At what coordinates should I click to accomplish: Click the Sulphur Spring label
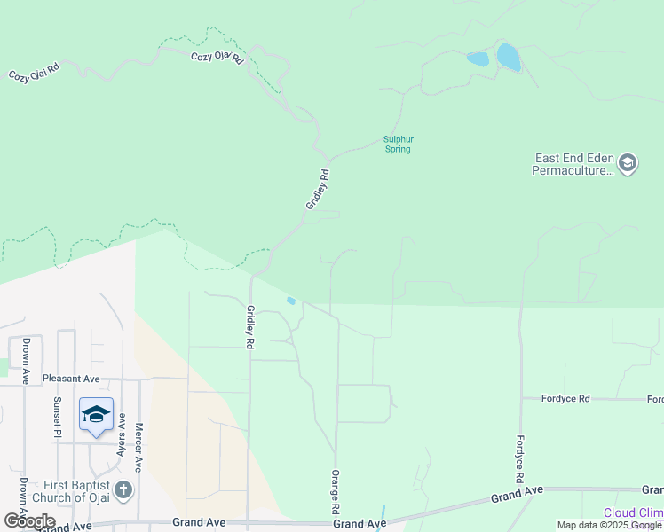(399, 144)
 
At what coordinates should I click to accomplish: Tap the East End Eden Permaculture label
(573, 164)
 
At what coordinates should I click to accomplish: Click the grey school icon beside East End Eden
(628, 163)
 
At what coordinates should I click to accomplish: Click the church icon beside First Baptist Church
(123, 489)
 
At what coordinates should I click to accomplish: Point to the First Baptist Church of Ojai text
(70, 491)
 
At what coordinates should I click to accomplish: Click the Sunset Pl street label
(57, 417)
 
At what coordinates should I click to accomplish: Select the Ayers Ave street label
(121, 436)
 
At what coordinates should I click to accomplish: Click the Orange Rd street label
(336, 493)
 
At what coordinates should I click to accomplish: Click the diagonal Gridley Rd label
(318, 189)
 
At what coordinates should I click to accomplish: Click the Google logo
(29, 520)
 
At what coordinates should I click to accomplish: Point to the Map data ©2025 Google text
(608, 526)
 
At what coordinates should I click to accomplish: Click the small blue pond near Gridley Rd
(291, 301)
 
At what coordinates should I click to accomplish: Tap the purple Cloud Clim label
(633, 512)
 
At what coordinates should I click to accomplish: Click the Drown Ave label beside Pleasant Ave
(28, 361)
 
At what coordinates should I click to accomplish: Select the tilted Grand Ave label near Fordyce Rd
(517, 495)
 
